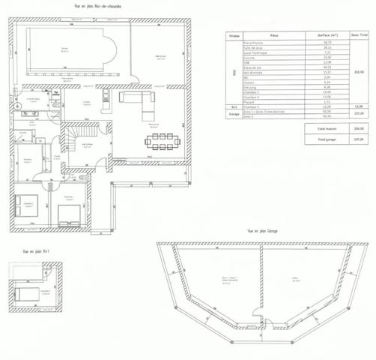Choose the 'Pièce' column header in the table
(274, 35)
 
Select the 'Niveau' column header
(234, 35)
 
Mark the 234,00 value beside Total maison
(358, 128)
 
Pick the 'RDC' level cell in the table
(234, 73)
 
